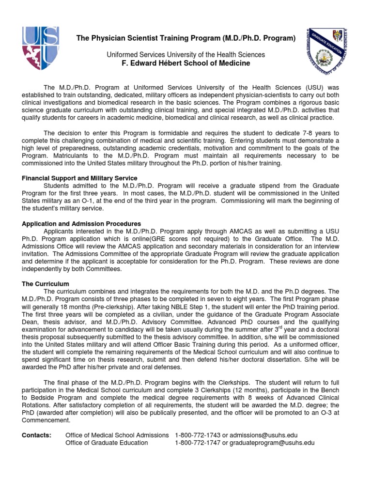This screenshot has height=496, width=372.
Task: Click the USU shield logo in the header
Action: [x=41, y=48]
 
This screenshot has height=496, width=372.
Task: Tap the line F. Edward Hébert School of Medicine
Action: [x=186, y=63]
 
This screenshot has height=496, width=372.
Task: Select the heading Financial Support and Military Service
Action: [x=80, y=178]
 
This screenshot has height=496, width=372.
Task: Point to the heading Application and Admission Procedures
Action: [x=81, y=224]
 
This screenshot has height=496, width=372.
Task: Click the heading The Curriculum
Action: [x=46, y=284]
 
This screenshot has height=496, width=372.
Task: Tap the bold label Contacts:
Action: [x=37, y=435]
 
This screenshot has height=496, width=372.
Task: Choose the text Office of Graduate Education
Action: [x=107, y=443]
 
